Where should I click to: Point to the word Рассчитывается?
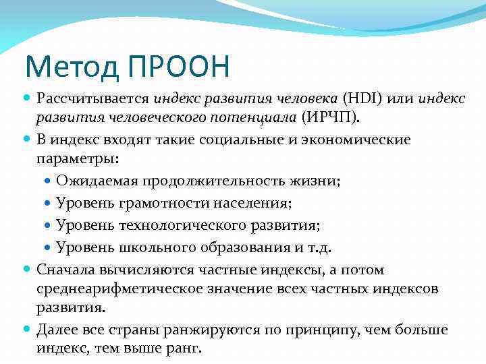coord(93,99)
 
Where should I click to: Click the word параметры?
coord(77,159)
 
